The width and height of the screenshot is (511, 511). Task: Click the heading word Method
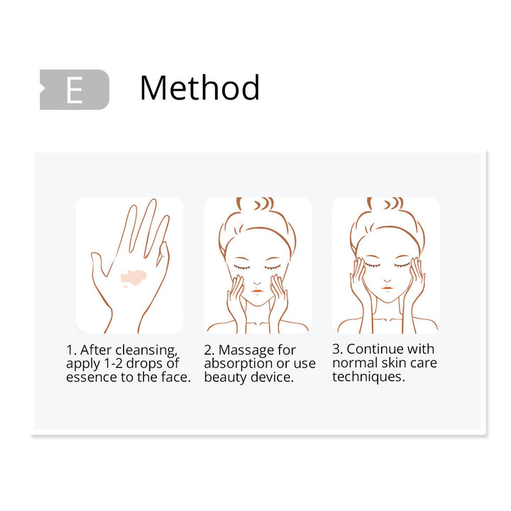(199, 87)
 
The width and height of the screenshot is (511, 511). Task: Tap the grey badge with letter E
(75, 89)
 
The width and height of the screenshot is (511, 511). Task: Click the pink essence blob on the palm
(133, 278)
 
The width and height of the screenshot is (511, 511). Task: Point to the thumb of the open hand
(99, 264)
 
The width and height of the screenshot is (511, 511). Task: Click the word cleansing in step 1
(146, 351)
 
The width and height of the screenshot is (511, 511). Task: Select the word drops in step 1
(143, 363)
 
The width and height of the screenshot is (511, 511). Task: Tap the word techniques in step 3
(368, 377)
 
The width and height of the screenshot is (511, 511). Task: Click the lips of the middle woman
(257, 291)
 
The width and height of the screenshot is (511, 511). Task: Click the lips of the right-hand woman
(388, 288)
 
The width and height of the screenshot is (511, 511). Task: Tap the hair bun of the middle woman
(256, 204)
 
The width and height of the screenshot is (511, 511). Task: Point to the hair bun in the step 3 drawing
(386, 204)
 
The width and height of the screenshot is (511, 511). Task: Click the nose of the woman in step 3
(388, 280)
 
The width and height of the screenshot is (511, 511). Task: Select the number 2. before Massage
(209, 351)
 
